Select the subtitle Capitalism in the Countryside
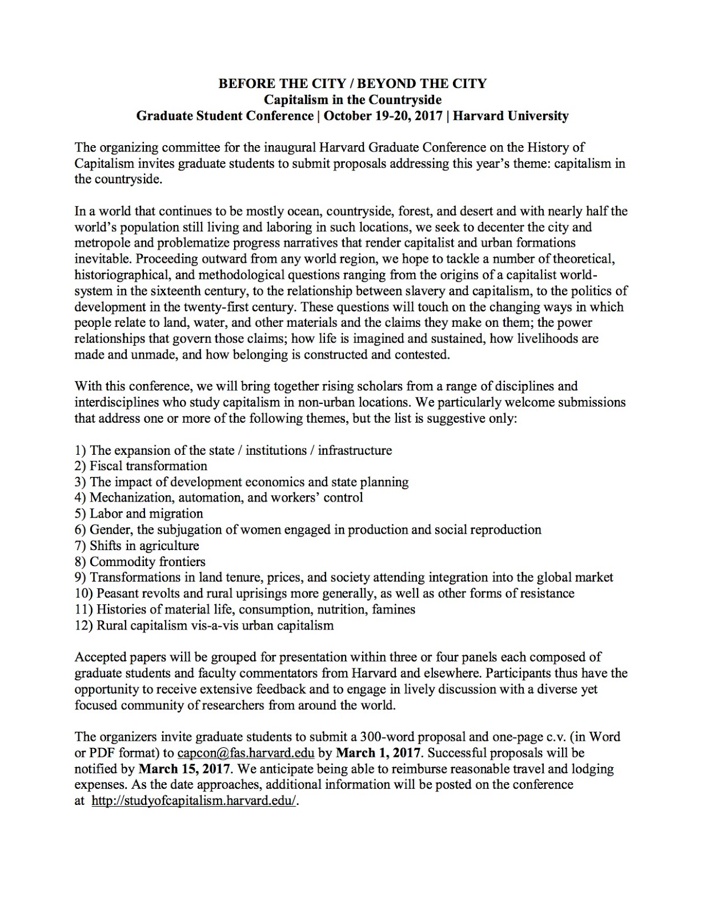352,100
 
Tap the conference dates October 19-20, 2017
383,116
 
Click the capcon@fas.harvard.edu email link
246,752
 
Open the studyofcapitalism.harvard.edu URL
194,800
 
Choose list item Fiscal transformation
148,466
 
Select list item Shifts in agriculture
144,546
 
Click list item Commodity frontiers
147,562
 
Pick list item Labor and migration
146,514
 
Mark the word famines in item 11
394,610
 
